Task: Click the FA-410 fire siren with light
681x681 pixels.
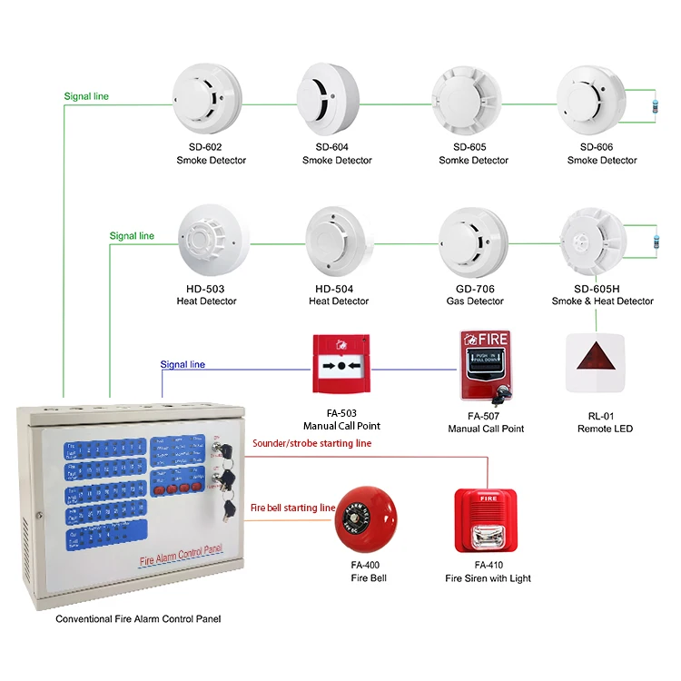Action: click(x=487, y=521)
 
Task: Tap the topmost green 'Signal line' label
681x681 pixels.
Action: click(x=86, y=95)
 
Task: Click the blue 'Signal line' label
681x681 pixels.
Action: click(x=183, y=365)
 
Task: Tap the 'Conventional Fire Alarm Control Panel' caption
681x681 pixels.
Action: click(x=138, y=619)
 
